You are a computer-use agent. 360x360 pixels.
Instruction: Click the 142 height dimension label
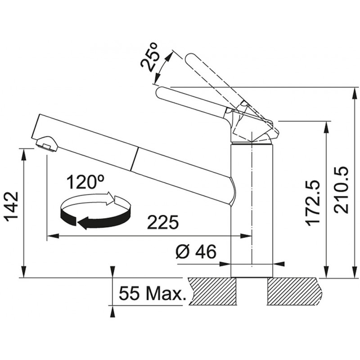coord(12,207)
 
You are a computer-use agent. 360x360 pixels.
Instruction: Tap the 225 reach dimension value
coord(163,222)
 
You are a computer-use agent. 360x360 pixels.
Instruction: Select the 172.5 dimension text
coord(312,202)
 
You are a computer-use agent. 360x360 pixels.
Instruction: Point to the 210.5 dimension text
coord(342,190)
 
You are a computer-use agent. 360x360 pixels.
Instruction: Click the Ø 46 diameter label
coord(196,252)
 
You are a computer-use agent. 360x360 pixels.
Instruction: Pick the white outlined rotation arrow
coord(92,200)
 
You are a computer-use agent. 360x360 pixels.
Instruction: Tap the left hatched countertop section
coord(212,291)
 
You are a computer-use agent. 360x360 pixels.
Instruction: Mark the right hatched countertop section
coord(295,291)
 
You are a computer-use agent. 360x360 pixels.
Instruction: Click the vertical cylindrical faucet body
coord(252,210)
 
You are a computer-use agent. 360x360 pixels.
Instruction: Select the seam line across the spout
coord(135,159)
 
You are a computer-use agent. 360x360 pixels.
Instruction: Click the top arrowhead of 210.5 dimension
coord(355,93)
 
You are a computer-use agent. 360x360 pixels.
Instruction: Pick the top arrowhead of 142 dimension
coord(23,155)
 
